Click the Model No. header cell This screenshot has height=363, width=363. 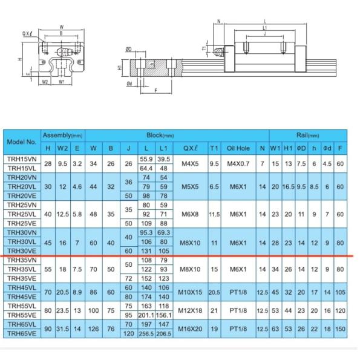click(22, 142)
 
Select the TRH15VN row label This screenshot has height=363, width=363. click(22, 159)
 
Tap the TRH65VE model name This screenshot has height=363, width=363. click(22, 333)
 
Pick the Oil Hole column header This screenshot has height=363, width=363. click(238, 148)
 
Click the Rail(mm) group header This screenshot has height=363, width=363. click(308, 136)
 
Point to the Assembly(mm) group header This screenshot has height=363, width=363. click(62, 136)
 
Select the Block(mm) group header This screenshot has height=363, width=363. click(160, 136)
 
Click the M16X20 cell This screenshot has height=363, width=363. click(190, 329)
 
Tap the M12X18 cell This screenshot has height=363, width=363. click(190, 310)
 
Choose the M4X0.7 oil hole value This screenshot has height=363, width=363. click(238, 164)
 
